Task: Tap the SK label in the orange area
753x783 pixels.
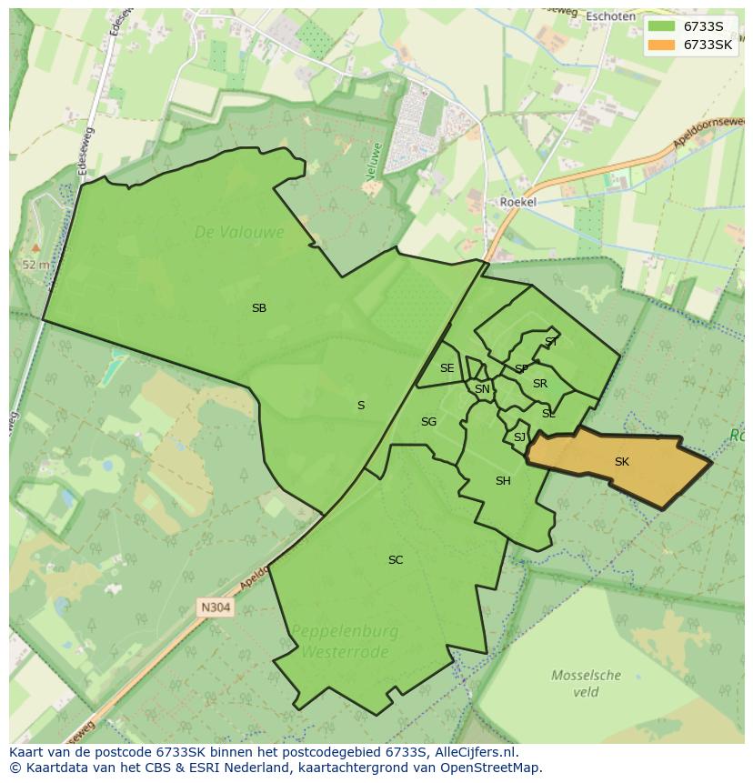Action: click(621, 462)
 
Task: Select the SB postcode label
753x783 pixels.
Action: click(259, 308)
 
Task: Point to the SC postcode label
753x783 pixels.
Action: click(396, 560)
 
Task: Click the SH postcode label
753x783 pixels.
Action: click(503, 481)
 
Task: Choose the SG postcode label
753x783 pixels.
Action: click(428, 422)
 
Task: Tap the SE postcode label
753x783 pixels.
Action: click(447, 368)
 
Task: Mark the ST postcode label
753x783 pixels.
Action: click(551, 342)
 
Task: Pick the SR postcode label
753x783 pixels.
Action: click(540, 384)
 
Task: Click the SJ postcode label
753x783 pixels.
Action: click(519, 437)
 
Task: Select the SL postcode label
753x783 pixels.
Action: click(548, 414)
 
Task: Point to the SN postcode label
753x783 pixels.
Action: click(482, 389)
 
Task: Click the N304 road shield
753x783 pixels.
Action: click(216, 607)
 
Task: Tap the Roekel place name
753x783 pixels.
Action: click(519, 202)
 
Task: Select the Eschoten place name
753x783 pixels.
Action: click(610, 16)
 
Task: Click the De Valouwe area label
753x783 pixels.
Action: click(239, 233)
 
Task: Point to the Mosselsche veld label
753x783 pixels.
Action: click(587, 683)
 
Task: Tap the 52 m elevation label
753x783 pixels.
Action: click(35, 265)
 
